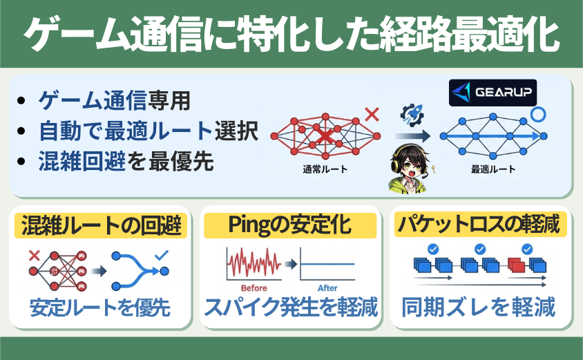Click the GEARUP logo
tap(493, 93)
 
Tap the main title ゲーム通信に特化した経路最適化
tap(291, 35)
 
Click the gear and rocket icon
tap(412, 115)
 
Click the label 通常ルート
tap(325, 169)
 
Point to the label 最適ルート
tap(493, 169)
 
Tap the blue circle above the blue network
tap(537, 115)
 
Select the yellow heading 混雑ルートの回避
tap(101, 225)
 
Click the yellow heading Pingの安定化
tap(290, 225)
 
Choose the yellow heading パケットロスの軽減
tap(480, 225)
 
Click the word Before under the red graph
tap(254, 288)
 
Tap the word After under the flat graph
tap(327, 288)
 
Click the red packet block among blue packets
tap(516, 265)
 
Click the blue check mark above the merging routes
tap(162, 255)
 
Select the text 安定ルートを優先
tap(99, 307)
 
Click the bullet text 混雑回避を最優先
tap(126, 162)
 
